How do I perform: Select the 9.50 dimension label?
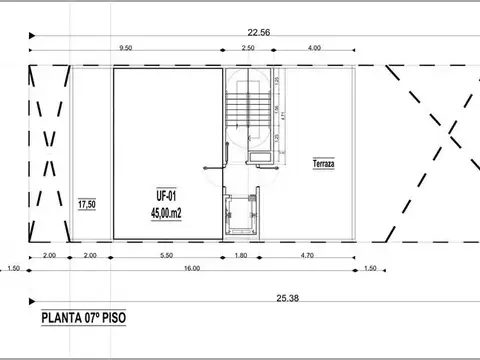pos(126,48)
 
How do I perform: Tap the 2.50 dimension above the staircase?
pos(247,48)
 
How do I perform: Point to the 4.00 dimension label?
pos(315,48)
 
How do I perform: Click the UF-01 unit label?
pos(166,197)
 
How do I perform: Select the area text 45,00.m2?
pos(166,212)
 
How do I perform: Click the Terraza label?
pos(323,164)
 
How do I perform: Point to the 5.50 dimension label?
pos(166,256)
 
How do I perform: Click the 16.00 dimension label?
pos(190,268)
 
